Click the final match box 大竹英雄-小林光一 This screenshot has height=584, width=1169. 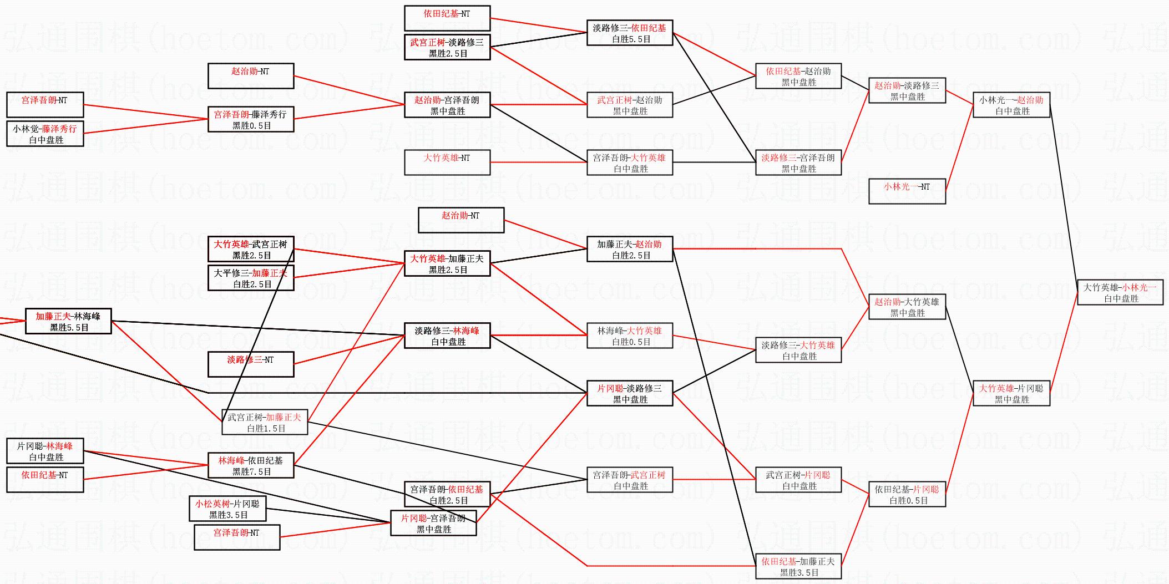point(1120,292)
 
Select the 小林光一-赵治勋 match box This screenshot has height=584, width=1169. point(1011,105)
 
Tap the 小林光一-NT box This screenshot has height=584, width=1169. point(907,191)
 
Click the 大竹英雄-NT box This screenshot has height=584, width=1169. point(447,162)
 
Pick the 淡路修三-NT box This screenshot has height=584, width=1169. point(250,364)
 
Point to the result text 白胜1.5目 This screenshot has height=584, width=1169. point(266,429)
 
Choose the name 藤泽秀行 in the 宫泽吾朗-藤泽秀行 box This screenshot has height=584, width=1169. point(269,114)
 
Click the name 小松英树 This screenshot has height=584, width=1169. point(212,504)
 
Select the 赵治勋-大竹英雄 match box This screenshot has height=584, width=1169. point(907,307)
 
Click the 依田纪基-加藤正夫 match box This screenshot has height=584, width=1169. point(798,566)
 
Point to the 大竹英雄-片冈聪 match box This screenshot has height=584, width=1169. point(1011,393)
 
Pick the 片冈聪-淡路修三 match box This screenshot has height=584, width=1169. point(629,393)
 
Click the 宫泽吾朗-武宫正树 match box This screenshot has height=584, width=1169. point(629,480)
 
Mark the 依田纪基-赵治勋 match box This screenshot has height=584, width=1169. point(798,76)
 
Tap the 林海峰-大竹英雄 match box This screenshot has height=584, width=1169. point(629,336)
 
